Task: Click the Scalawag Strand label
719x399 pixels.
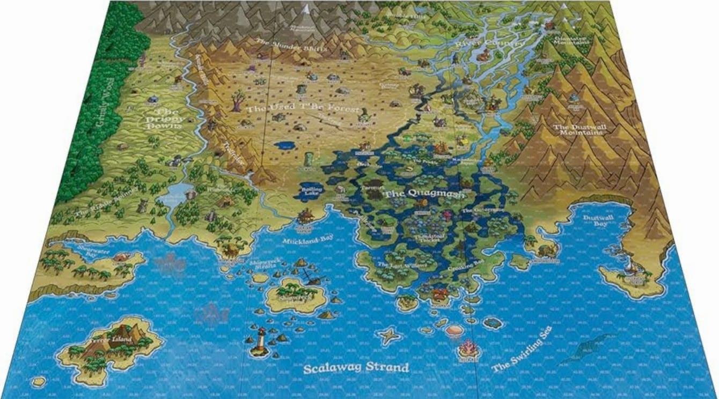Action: pyautogui.click(x=356, y=368)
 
